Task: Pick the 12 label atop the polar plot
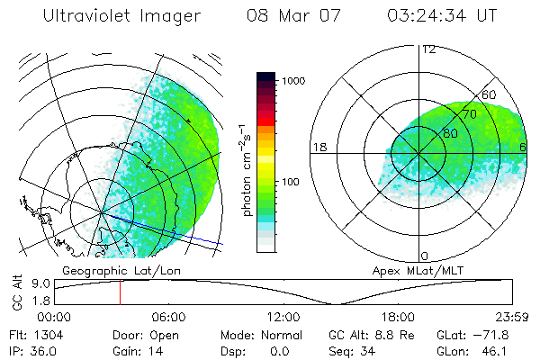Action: click(x=429, y=49)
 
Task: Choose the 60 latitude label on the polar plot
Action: click(x=490, y=95)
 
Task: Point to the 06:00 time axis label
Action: click(x=168, y=317)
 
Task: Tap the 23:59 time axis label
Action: click(x=513, y=317)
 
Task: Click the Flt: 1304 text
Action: click(x=31, y=335)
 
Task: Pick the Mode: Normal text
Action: click(x=260, y=335)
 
